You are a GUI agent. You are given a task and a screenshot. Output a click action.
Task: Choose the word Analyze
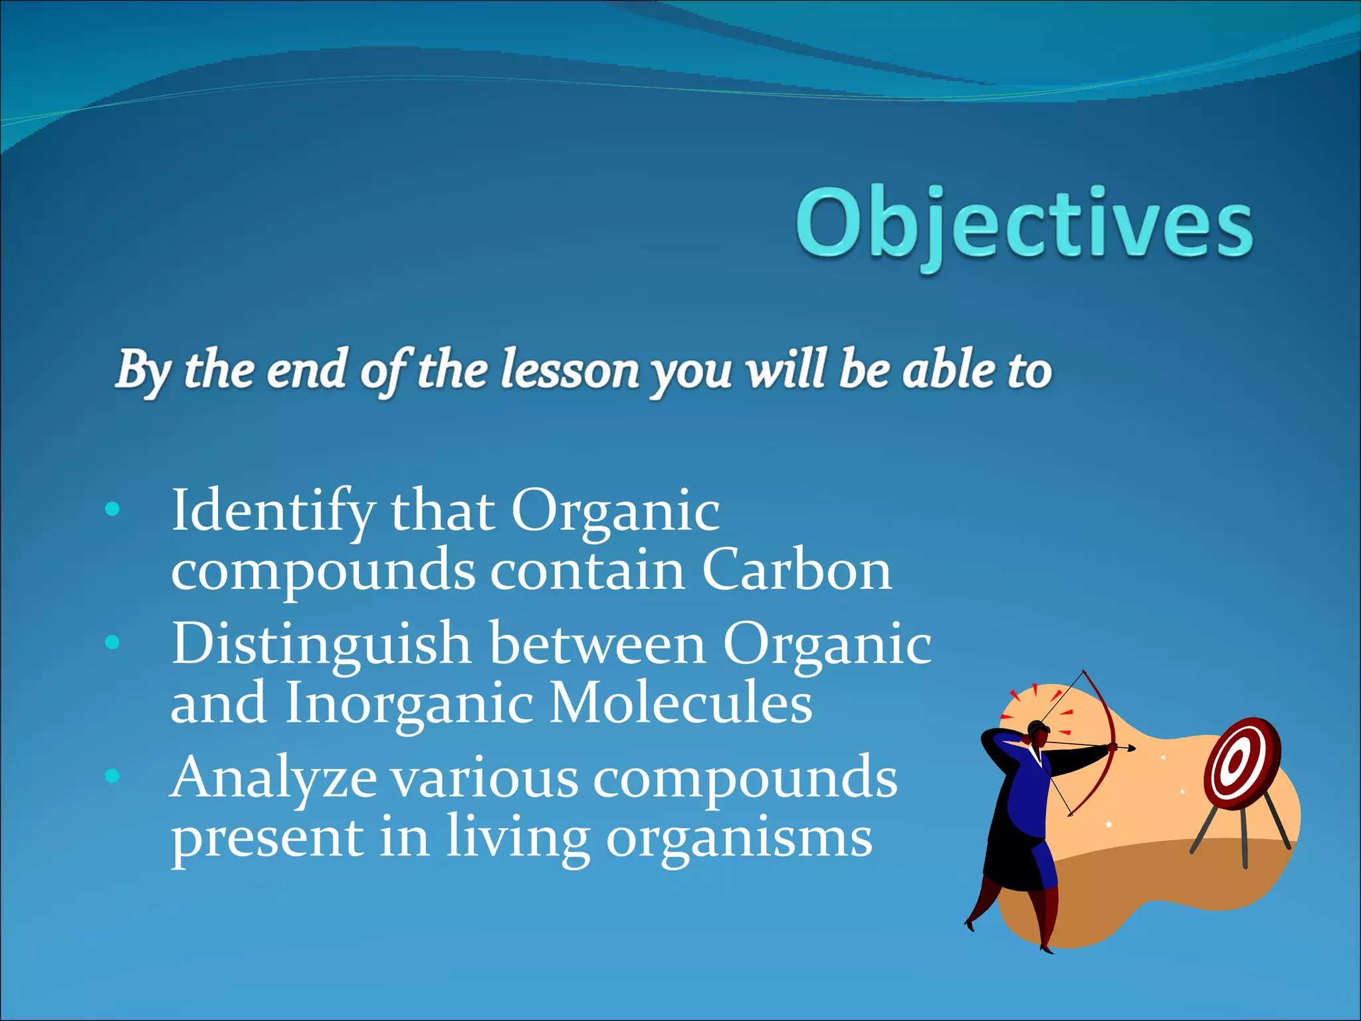(x=274, y=779)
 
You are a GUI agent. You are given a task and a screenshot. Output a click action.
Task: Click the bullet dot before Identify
(x=112, y=510)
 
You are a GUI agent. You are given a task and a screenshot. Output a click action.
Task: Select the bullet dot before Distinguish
(x=112, y=643)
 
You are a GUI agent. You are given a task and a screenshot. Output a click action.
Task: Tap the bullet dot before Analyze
(x=112, y=776)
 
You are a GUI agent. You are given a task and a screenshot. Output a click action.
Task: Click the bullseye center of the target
(x=1236, y=762)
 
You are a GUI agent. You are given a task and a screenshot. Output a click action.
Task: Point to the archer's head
(x=1038, y=731)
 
